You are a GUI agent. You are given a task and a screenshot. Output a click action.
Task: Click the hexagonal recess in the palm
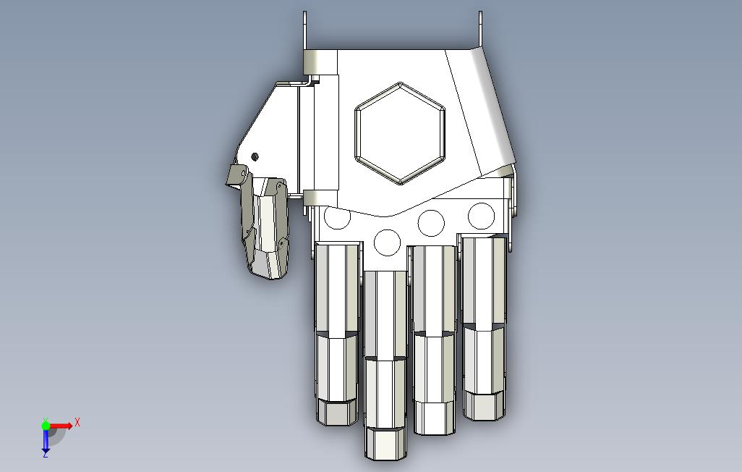click(x=400, y=134)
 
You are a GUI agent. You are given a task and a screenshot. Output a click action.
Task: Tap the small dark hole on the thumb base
click(x=255, y=156)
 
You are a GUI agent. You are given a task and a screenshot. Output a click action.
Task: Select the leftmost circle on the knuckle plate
click(x=337, y=217)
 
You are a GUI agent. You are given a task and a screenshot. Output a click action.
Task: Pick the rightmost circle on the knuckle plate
click(x=481, y=216)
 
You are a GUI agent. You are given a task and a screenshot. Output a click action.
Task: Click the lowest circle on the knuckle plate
click(x=387, y=243)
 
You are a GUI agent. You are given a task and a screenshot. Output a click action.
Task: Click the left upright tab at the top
click(x=304, y=30)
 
